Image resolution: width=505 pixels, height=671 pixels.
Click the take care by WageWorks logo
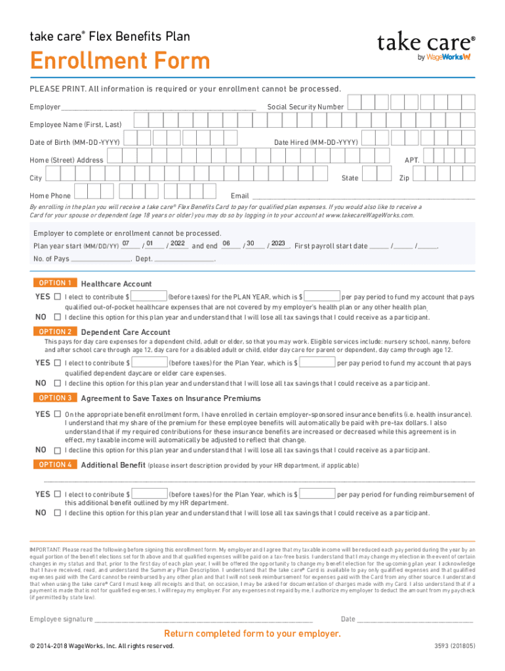426,47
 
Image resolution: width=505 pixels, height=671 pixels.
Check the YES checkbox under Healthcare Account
58,297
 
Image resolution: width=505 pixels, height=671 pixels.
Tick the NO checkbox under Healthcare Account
58,317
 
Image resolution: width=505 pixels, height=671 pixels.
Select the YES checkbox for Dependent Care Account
58,363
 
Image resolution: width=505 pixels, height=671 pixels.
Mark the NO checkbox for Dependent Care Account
58,383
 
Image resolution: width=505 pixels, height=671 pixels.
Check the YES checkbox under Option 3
58,414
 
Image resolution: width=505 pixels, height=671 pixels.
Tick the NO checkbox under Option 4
58,513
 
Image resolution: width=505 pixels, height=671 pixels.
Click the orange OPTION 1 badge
55,283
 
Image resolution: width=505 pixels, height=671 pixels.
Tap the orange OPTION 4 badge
55,465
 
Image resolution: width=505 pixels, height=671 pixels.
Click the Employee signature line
203,619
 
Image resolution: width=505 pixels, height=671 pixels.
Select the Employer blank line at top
158,107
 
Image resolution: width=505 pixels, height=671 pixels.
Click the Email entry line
363,196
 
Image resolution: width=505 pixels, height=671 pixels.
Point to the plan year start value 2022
178,244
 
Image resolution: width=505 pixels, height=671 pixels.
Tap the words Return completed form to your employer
253,634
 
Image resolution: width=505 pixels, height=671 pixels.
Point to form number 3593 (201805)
455,646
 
